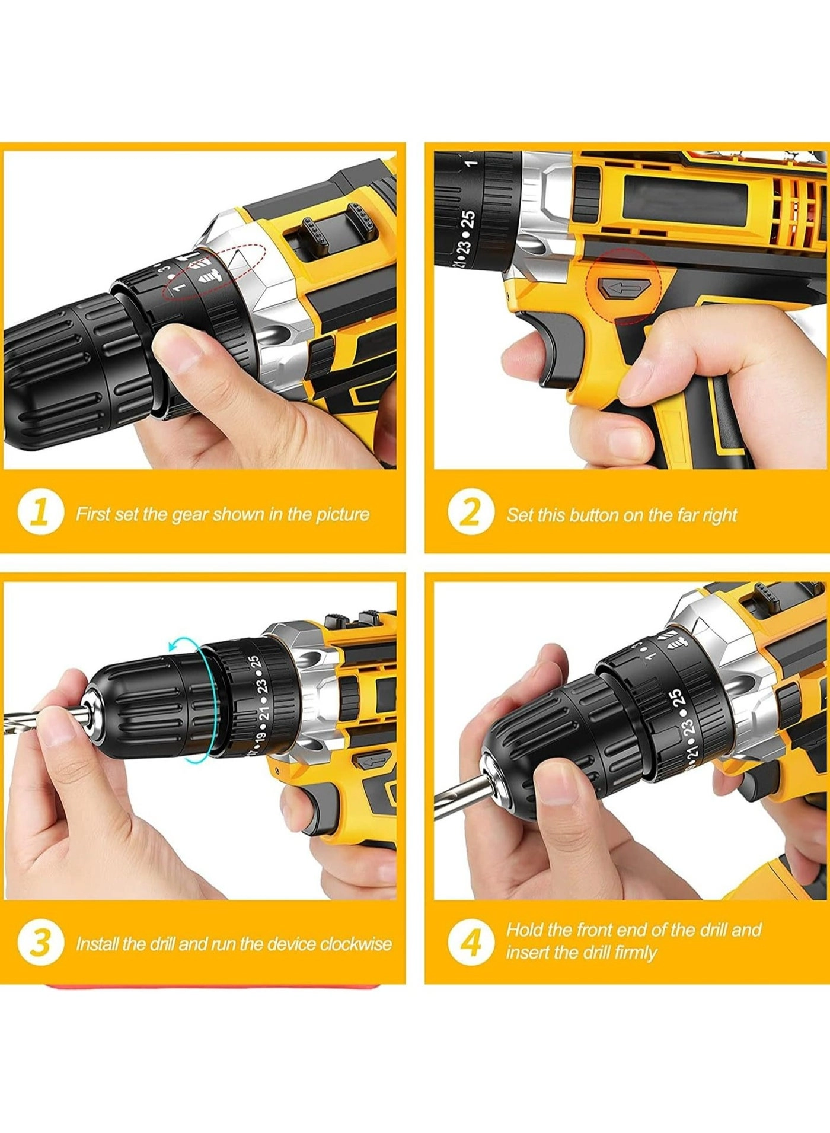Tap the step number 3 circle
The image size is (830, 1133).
tap(40, 943)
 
